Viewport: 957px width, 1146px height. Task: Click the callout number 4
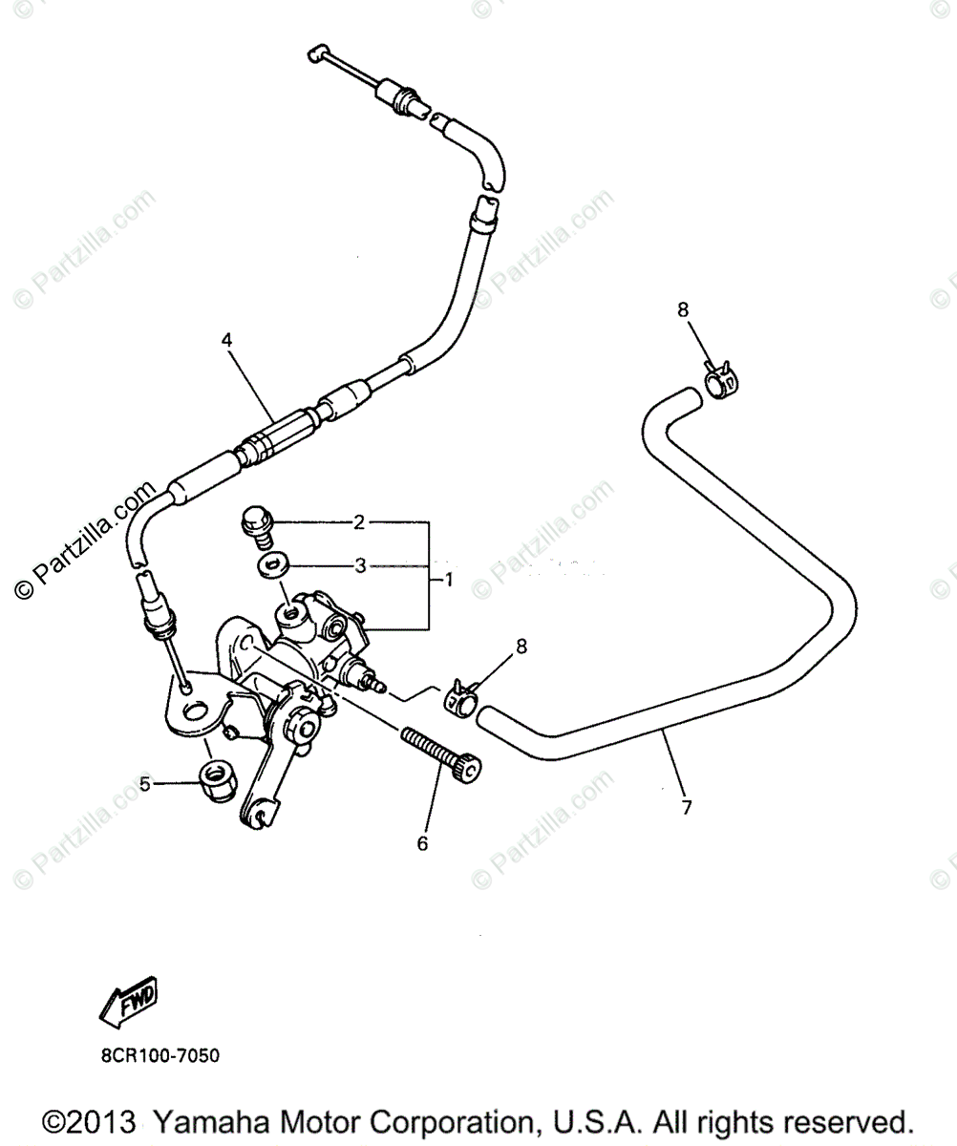227,339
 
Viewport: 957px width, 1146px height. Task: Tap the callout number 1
448,579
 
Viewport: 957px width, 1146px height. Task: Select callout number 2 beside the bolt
359,522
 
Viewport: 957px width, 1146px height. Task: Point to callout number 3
360,565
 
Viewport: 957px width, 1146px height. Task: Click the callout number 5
145,784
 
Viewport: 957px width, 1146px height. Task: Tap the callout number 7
685,807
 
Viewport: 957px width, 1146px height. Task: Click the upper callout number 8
682,309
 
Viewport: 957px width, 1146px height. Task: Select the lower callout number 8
521,647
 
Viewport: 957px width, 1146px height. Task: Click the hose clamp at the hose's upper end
720,381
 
